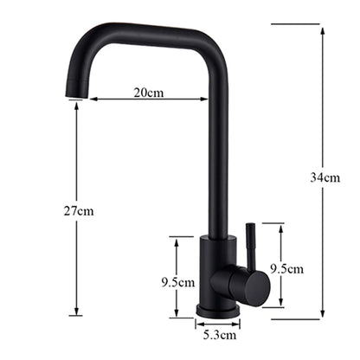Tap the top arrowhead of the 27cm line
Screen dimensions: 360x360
(77, 106)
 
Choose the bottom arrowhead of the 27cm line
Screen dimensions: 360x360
(77, 312)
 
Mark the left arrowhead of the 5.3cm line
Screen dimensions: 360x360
(197, 322)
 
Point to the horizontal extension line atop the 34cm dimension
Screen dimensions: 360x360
(294, 24)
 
